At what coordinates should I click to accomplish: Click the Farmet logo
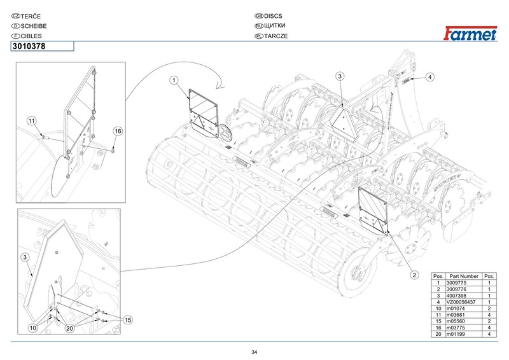tap(470, 33)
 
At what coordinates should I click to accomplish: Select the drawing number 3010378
tap(29, 46)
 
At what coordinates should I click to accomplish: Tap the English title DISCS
tap(273, 16)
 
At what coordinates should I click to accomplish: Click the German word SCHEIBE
tap(34, 26)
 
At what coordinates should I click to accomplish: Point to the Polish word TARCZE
tap(276, 36)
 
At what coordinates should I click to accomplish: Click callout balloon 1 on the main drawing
tap(174, 80)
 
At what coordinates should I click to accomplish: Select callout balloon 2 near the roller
tap(414, 275)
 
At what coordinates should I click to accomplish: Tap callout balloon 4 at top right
tap(430, 77)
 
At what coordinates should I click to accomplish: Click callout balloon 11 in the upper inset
tap(31, 121)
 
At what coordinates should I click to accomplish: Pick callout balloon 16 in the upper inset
tap(118, 131)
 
